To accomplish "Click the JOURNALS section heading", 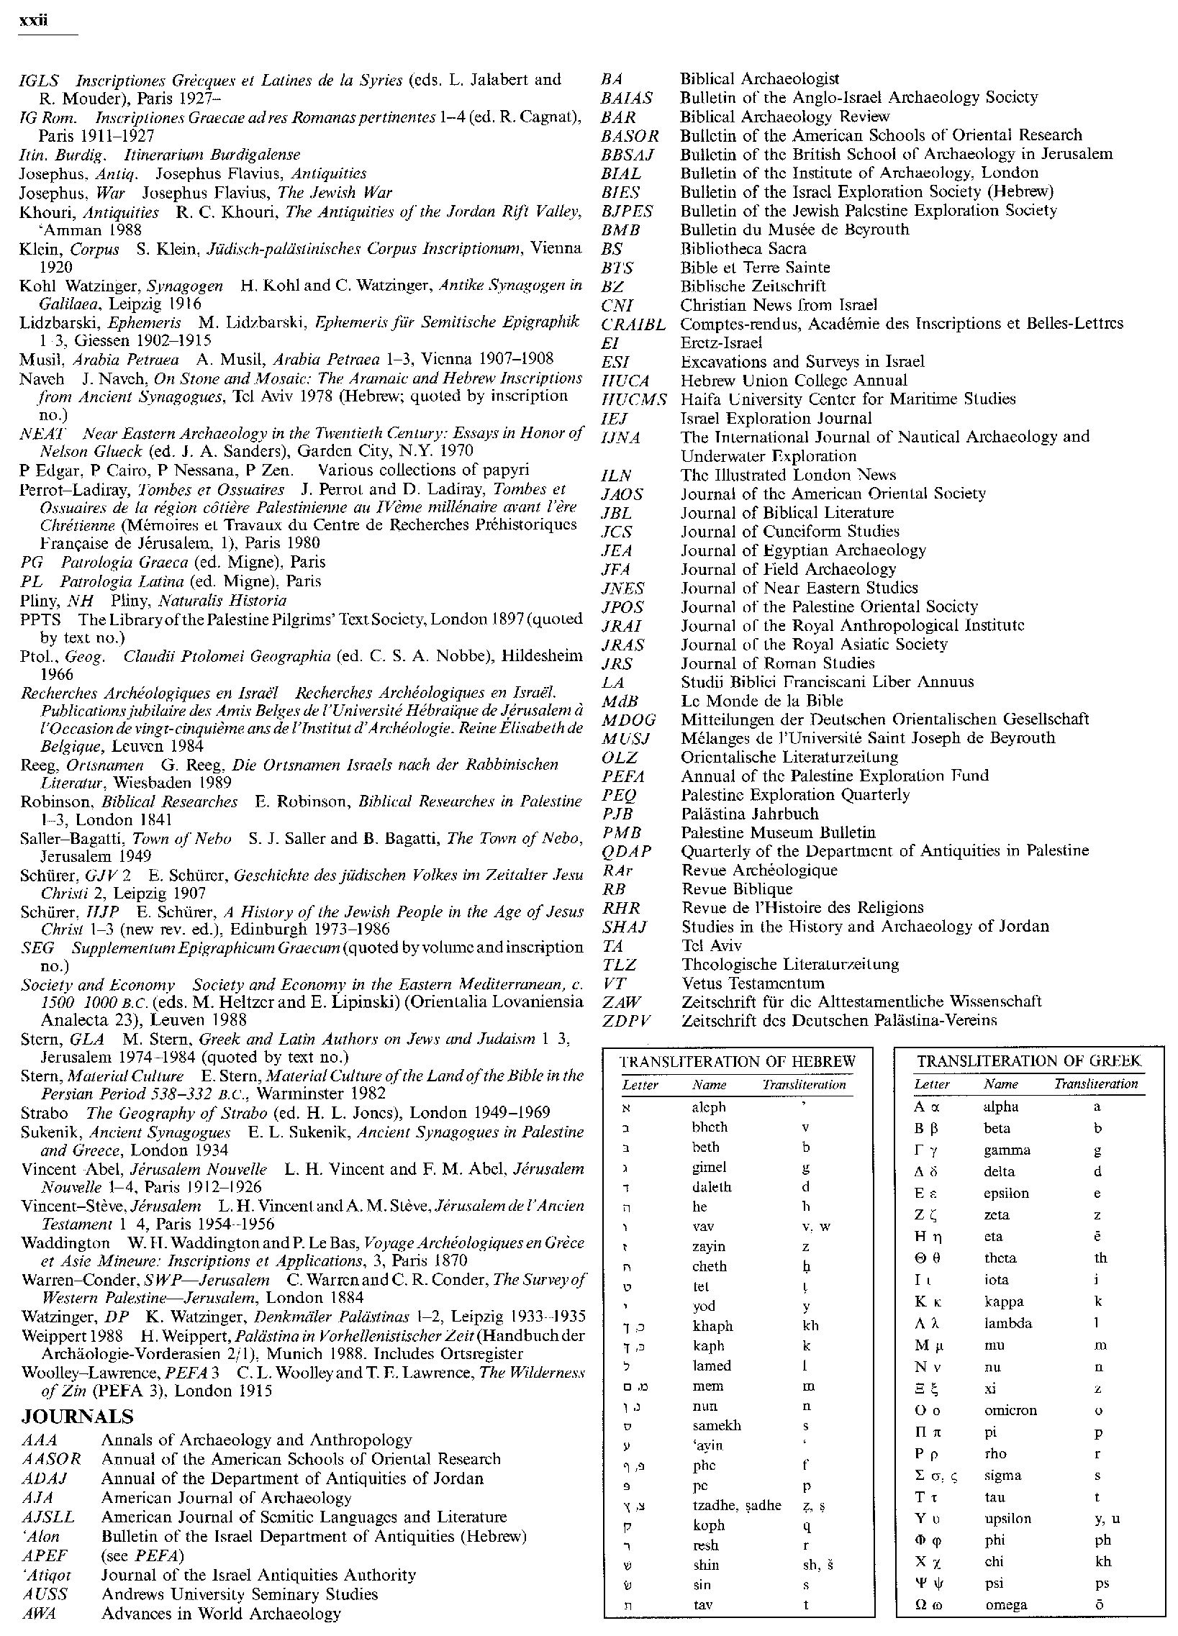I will point(77,1416).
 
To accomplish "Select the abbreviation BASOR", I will point(630,135).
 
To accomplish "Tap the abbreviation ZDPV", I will point(626,1021).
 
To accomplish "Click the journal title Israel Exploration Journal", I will point(776,419).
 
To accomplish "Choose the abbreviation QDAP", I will point(626,851).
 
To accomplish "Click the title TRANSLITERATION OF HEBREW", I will point(738,1062).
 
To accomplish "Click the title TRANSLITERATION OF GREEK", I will point(1029,1061).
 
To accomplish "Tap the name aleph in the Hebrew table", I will point(708,1107).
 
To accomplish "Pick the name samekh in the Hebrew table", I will point(716,1426).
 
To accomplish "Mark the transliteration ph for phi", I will point(1102,1540).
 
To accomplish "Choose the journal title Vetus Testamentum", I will point(753,983).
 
